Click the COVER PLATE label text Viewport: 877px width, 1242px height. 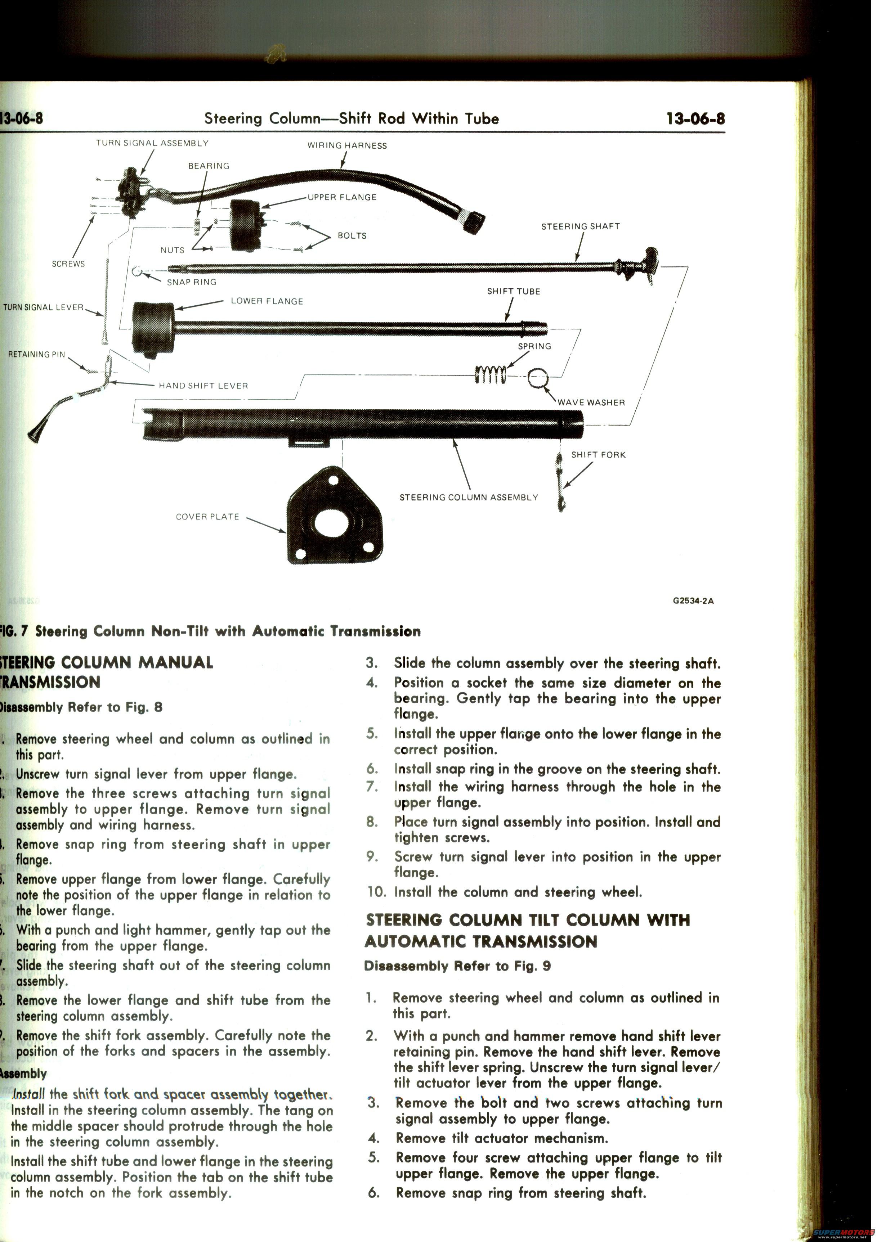pos(207,517)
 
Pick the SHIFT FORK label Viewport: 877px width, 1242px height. pos(598,455)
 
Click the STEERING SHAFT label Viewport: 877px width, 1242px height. pos(580,227)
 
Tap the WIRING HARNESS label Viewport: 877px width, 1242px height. pos(347,145)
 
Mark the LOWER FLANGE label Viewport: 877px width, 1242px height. pos(267,301)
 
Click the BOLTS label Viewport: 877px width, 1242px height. pos(352,236)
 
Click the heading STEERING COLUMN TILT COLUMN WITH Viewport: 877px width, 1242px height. pos(528,920)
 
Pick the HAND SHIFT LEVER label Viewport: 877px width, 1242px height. pos(203,386)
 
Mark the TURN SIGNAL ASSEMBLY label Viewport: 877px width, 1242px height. pos(152,143)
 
